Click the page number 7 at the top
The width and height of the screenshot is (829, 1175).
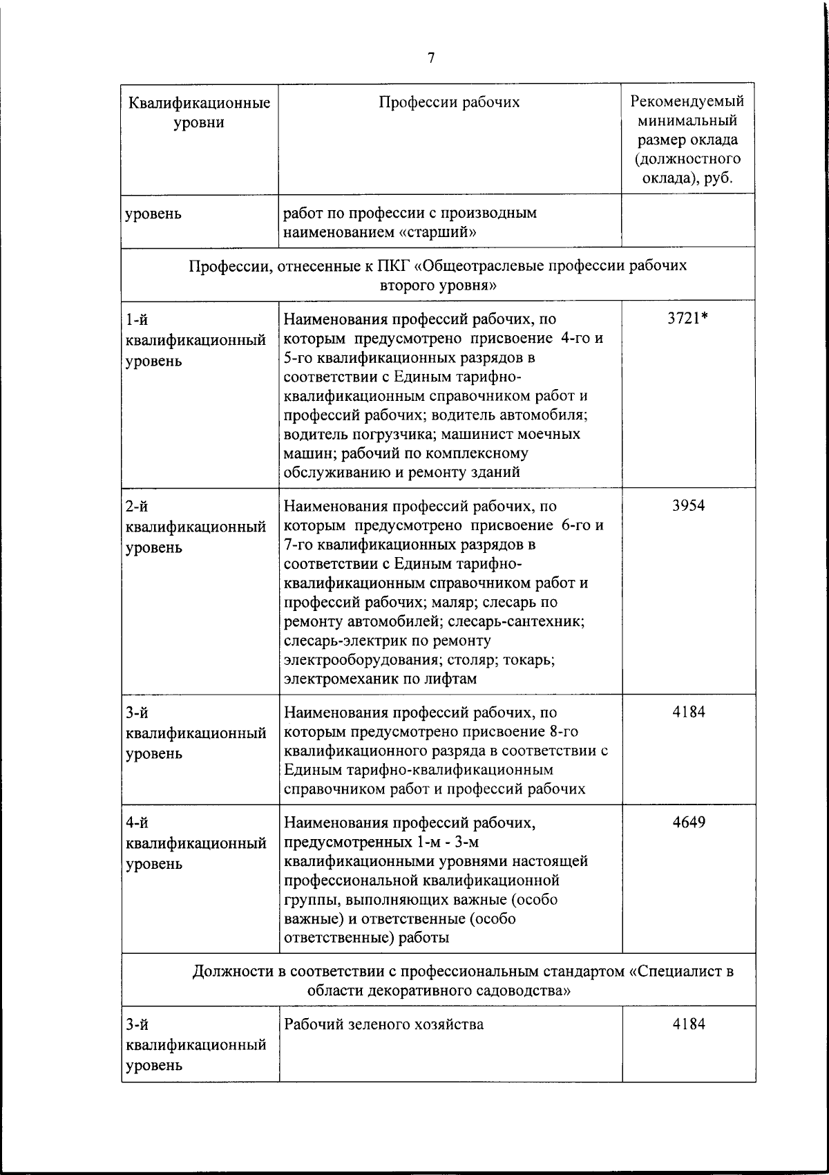click(x=431, y=59)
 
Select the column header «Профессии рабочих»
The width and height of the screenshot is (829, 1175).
click(x=449, y=103)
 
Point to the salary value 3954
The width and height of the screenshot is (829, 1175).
click(x=688, y=505)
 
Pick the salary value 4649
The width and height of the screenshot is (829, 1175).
click(x=688, y=822)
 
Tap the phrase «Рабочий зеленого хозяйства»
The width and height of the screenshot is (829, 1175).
click(x=383, y=1024)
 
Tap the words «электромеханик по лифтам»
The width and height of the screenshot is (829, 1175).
click(x=380, y=679)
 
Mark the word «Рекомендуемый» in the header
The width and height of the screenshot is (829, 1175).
click(x=688, y=102)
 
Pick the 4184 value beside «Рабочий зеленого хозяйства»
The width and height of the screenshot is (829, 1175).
click(x=688, y=1024)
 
